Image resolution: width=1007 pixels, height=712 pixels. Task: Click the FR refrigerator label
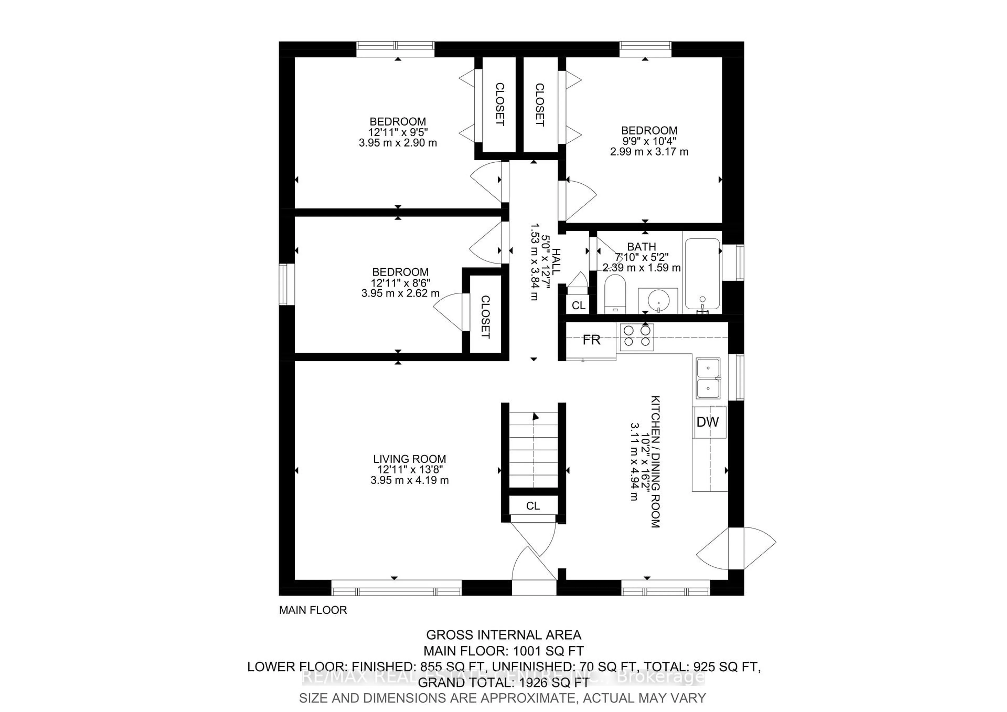[x=591, y=340]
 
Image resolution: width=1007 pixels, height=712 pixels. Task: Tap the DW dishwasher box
[x=708, y=422]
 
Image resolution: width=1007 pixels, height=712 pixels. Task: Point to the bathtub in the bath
[x=702, y=275]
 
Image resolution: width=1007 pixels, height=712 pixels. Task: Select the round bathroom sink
[x=658, y=300]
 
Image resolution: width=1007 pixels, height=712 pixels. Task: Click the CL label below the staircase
[x=533, y=506]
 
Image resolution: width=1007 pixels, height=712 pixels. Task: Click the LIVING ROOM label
[x=409, y=459]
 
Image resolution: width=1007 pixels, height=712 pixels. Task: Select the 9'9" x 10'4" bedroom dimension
[x=649, y=141]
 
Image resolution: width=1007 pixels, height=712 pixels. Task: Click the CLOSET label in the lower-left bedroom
[x=485, y=317]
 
